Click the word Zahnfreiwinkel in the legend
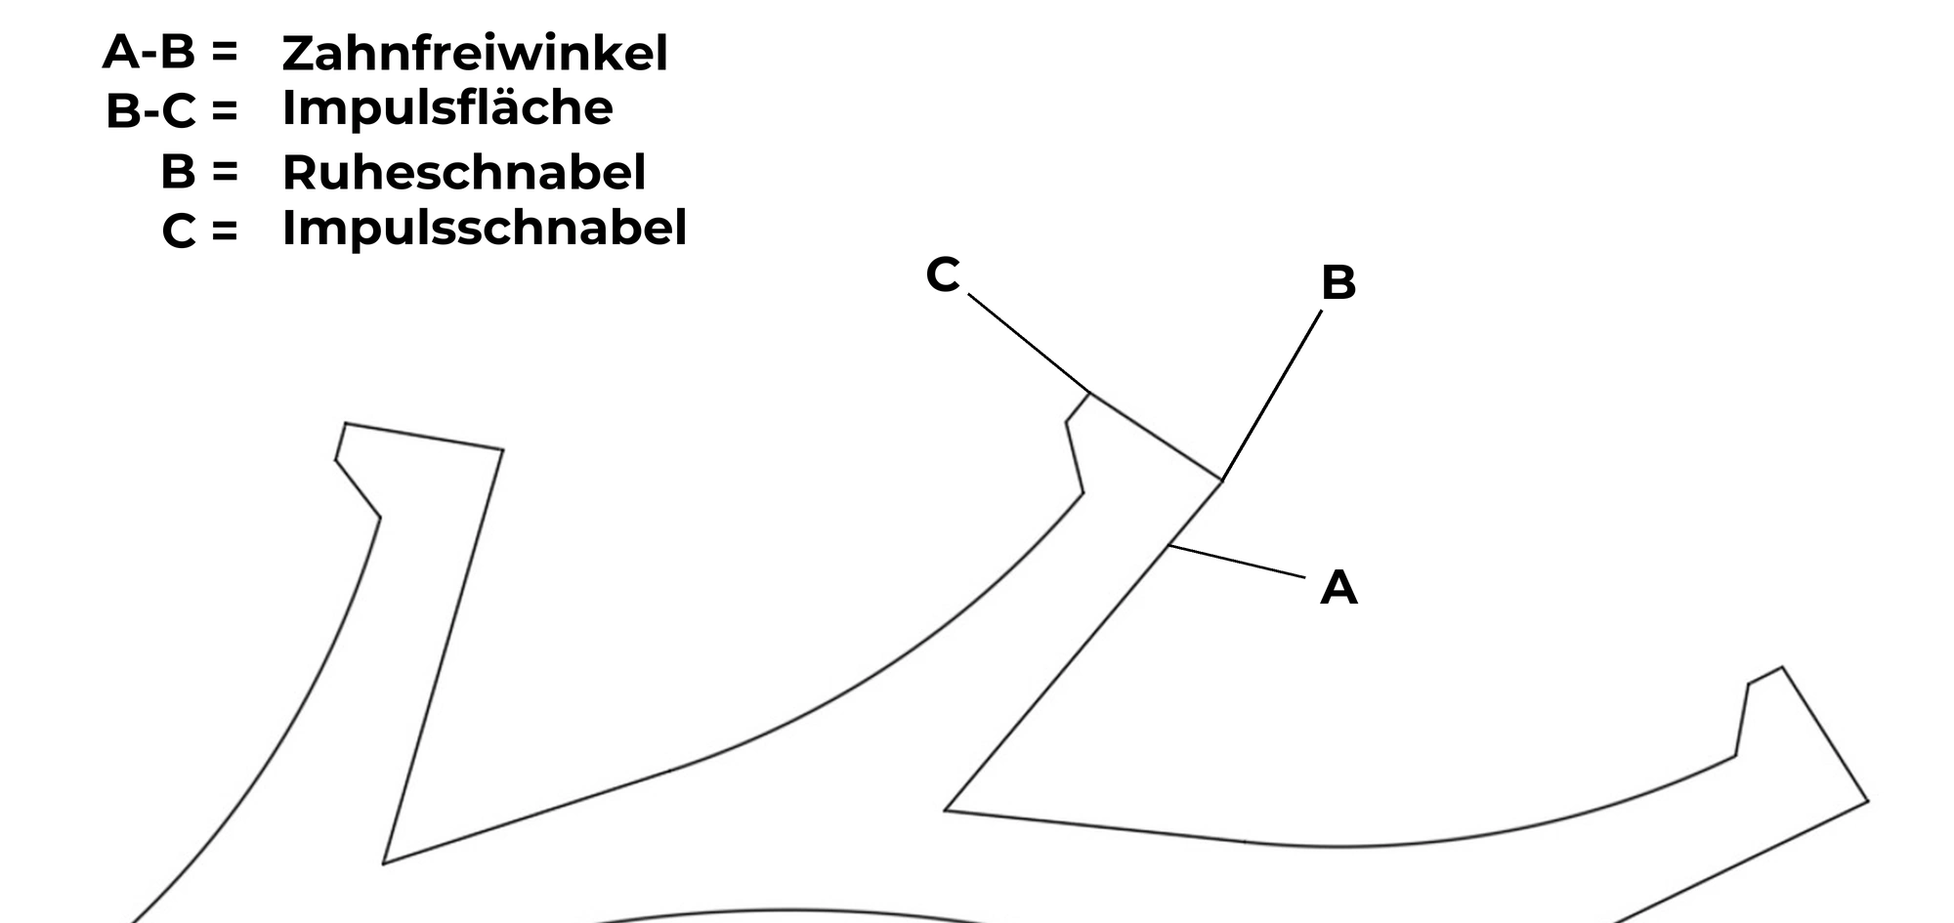click(x=475, y=53)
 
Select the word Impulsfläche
click(x=447, y=107)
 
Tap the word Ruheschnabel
click(x=464, y=172)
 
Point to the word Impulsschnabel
click(x=485, y=228)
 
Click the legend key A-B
click(x=149, y=52)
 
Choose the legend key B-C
click(x=150, y=111)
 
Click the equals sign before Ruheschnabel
click(x=224, y=172)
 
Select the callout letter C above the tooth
click(x=943, y=274)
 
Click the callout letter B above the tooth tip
click(x=1338, y=282)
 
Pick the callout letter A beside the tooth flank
click(x=1338, y=588)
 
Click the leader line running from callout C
click(x=1029, y=343)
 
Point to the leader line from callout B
click(x=1272, y=396)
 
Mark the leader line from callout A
click(x=1237, y=562)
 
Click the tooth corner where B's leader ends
click(x=1221, y=481)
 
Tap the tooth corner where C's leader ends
click(x=1090, y=394)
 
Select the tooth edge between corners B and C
click(x=1156, y=438)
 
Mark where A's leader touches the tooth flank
click(x=1169, y=546)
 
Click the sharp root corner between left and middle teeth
click(x=384, y=863)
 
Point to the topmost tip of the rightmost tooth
click(x=1782, y=668)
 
